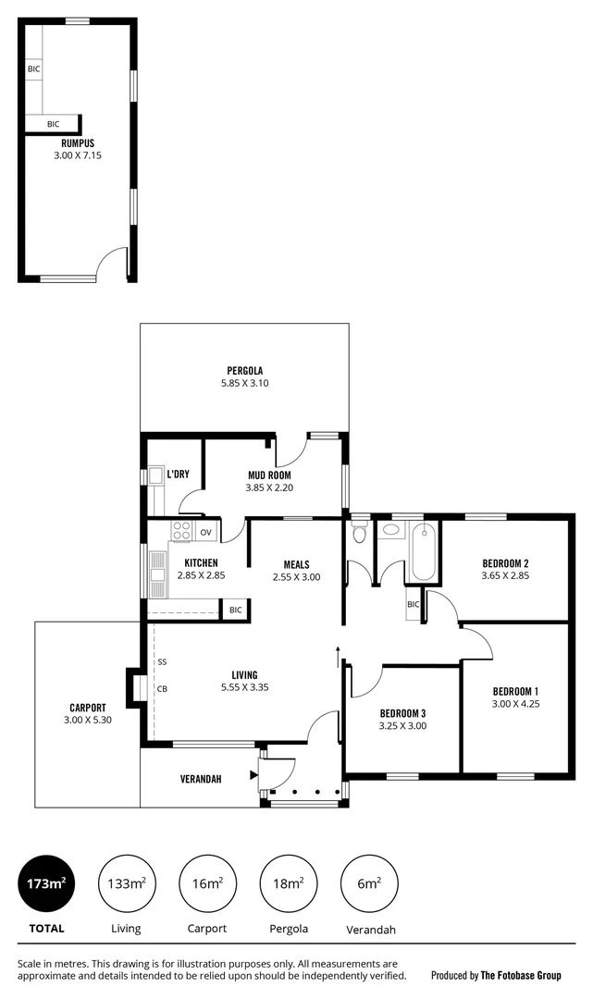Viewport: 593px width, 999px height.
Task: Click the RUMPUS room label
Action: [x=78, y=143]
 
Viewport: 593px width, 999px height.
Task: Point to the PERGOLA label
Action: [x=244, y=371]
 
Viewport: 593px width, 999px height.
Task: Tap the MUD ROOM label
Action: [x=268, y=475]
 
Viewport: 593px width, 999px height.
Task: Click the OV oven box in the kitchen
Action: [x=205, y=533]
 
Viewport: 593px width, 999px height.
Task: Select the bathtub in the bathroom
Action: [x=422, y=552]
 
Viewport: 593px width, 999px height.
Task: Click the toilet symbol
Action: [x=360, y=535]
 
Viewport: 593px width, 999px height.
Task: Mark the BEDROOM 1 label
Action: [x=515, y=691]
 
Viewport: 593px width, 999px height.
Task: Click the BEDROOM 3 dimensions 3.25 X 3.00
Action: [x=402, y=726]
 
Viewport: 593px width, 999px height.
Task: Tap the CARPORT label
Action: [x=88, y=708]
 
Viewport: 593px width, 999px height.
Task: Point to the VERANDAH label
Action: [x=201, y=779]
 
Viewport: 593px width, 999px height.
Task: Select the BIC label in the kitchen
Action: [x=235, y=610]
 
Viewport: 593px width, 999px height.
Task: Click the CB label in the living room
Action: [x=162, y=688]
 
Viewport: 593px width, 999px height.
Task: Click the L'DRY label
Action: [x=179, y=475]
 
